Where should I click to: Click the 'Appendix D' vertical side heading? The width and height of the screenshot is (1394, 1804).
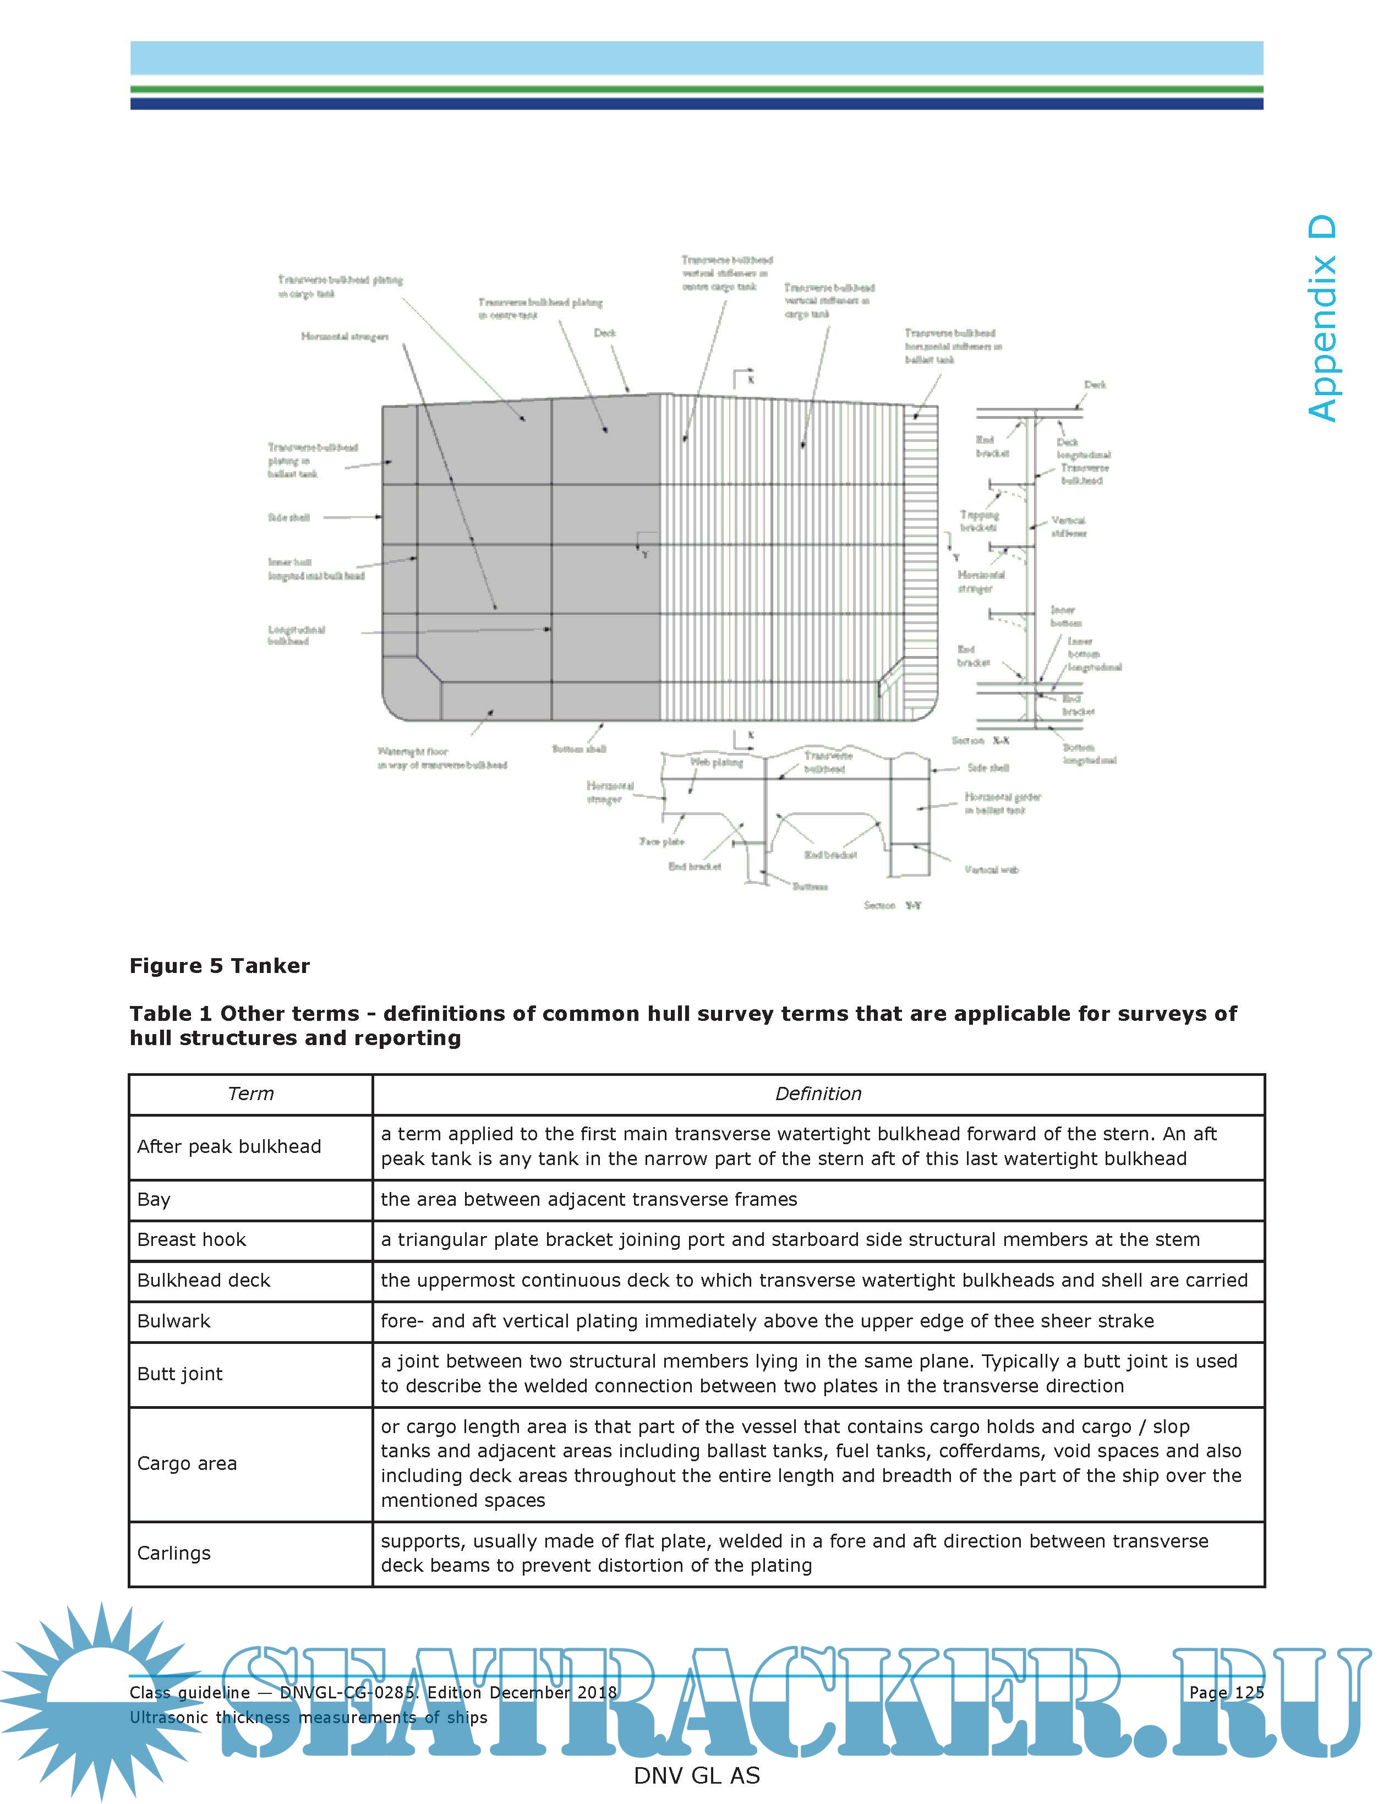coord(1322,319)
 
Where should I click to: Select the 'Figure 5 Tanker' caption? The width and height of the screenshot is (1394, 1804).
coord(220,966)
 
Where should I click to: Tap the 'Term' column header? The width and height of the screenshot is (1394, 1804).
coord(250,1094)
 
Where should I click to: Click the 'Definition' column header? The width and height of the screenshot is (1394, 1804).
coord(818,1094)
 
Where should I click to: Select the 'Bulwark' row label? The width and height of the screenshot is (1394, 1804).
coord(173,1321)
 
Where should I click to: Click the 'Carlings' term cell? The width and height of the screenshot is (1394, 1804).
coord(173,1553)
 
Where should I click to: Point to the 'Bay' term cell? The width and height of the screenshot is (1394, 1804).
coord(154,1199)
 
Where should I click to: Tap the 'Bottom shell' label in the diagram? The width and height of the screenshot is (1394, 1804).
coord(579,749)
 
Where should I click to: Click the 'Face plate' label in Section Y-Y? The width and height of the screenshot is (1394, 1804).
coord(662,841)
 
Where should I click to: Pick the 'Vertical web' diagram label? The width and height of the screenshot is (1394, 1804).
coord(991,870)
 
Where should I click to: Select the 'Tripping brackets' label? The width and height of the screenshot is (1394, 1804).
coord(978,521)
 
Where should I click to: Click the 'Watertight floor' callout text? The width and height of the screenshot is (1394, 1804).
coord(413,752)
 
